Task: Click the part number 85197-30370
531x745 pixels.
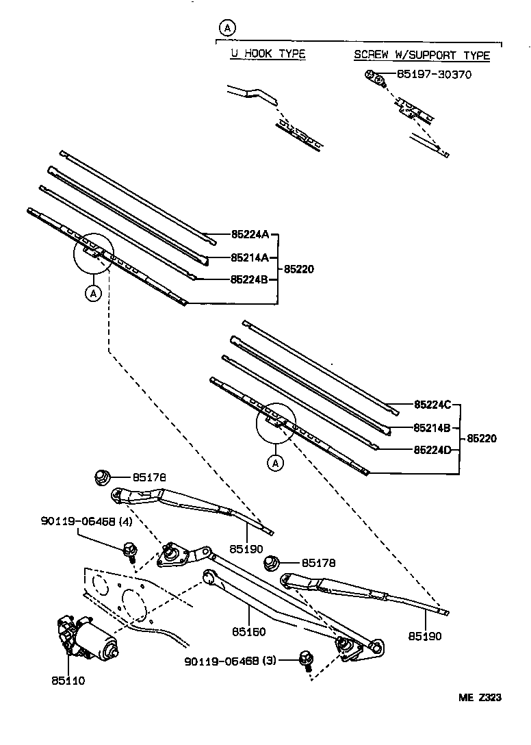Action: [x=432, y=74]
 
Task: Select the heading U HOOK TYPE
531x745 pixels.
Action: [x=268, y=54]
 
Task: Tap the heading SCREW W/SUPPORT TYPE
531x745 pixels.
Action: [x=422, y=55]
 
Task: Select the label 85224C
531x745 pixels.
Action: [x=432, y=405]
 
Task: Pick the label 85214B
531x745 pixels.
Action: [x=432, y=428]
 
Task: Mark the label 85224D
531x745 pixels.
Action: [x=432, y=450]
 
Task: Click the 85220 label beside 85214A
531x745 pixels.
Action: [x=299, y=269]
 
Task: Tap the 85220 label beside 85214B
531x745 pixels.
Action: [x=482, y=438]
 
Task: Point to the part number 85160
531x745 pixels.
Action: [x=248, y=632]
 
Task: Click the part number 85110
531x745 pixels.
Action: [x=68, y=681]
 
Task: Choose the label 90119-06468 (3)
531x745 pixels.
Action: [x=229, y=661]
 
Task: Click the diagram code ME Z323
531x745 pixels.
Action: [x=480, y=698]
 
